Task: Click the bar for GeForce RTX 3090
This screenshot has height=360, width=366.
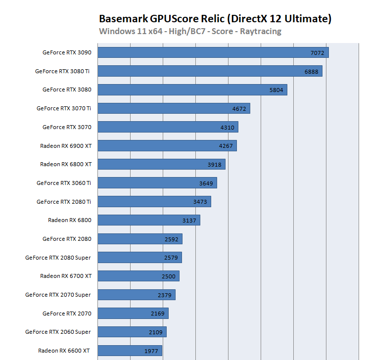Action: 213,52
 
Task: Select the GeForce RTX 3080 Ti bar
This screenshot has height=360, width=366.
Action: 210,71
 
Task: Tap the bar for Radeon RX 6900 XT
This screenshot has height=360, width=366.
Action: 167,145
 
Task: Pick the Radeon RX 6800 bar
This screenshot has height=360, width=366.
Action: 149,220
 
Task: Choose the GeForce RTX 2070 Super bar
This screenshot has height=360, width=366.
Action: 137,295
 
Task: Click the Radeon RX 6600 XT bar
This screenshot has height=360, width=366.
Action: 130,351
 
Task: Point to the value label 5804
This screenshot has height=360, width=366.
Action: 276,90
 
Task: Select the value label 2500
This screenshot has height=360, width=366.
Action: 169,276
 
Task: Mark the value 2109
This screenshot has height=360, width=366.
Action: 156,332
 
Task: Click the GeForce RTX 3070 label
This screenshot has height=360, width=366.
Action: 67,127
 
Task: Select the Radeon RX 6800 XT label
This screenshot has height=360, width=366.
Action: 66,164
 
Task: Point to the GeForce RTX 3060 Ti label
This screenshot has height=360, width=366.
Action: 64,183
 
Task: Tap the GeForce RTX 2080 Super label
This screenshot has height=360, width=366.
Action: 58,258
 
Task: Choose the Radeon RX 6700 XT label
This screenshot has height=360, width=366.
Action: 66,276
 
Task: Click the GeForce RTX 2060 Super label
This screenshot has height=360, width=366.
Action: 58,332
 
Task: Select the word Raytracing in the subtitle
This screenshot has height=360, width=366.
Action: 260,32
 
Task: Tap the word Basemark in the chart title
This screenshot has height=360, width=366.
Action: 121,19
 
